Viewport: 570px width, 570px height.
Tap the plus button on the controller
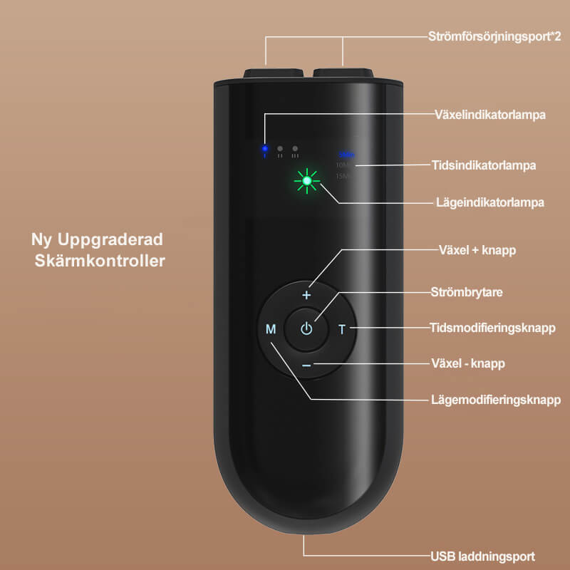click(307, 294)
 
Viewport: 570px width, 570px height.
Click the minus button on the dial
click(307, 365)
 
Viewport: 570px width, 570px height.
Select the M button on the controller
click(271, 329)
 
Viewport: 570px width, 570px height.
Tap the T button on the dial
click(342, 329)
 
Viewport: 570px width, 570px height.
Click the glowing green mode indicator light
click(307, 182)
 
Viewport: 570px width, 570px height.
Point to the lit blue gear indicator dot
click(264, 149)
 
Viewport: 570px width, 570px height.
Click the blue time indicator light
click(346, 155)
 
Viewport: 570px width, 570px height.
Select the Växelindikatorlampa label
click(490, 113)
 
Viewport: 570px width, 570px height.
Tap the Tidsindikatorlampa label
click(484, 165)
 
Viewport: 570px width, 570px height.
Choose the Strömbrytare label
click(463, 291)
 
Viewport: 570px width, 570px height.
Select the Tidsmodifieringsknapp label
click(492, 328)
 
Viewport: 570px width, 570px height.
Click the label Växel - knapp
click(468, 363)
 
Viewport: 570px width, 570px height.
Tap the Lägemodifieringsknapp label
click(496, 399)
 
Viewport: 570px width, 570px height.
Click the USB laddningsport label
click(482, 556)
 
